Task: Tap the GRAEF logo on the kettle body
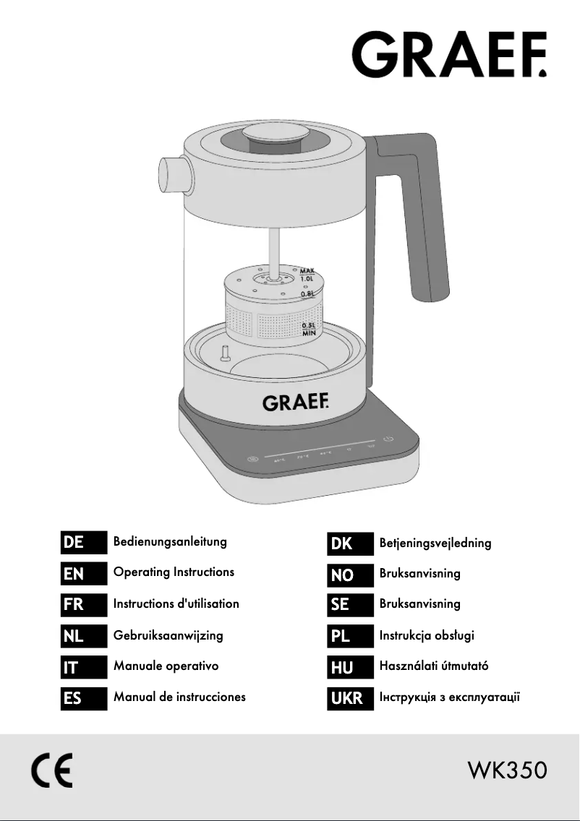(295, 403)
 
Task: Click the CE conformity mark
(51, 772)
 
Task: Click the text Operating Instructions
(174, 572)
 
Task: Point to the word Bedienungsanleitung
(170, 541)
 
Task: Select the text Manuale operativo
(166, 666)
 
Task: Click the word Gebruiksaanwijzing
(168, 636)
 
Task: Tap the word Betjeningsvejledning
(435, 543)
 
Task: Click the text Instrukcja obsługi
(427, 636)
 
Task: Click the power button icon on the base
(388, 439)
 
